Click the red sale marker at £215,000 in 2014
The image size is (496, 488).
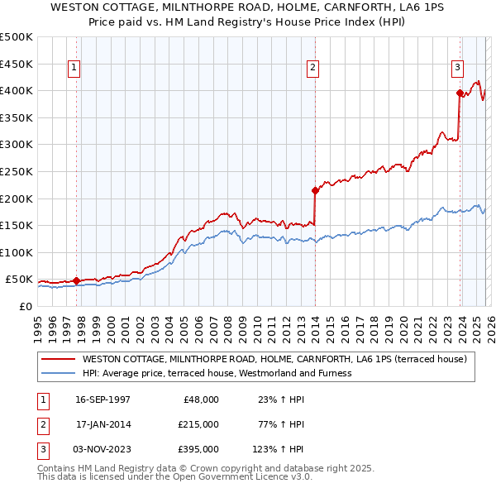(315, 190)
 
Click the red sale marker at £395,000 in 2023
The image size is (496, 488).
(459, 93)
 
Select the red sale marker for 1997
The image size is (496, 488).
(77, 280)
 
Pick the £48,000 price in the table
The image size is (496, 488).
(198, 399)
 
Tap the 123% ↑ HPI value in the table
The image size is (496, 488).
(279, 450)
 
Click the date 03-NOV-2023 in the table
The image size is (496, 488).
(103, 450)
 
